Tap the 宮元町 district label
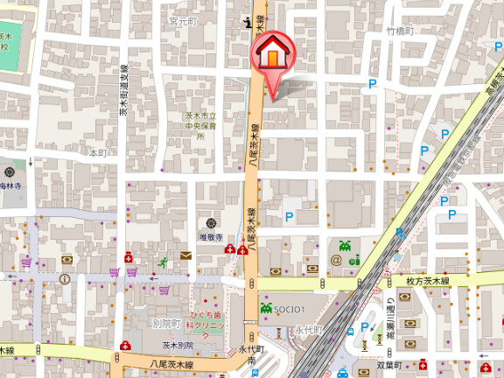tap(184, 19)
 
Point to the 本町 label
tap(97, 152)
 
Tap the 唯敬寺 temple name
tap(211, 237)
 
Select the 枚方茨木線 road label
tap(427, 282)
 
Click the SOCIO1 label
tap(289, 309)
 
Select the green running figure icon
tap(163, 262)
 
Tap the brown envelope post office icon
tap(185, 255)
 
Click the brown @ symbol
tap(336, 260)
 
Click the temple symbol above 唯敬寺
tap(211, 223)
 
